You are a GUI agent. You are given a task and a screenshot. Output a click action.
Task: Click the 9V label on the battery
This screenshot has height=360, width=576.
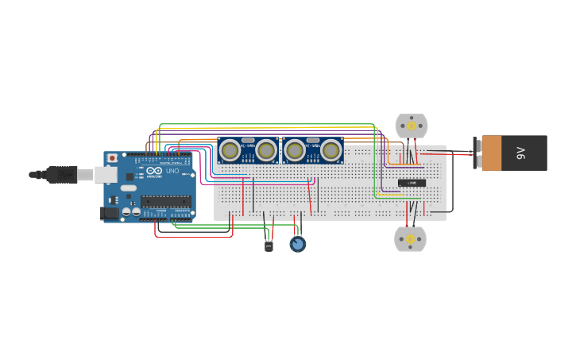522,153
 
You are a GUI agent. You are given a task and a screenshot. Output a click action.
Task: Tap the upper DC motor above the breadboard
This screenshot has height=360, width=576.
411,126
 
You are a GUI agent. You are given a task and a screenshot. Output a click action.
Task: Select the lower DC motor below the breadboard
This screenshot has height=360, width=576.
410,238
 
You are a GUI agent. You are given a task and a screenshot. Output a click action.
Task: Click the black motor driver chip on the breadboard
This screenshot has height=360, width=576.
412,183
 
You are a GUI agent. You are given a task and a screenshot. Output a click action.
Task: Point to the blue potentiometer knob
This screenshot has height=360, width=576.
297,245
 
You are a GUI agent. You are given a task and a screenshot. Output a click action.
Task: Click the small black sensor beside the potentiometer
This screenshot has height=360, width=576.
269,246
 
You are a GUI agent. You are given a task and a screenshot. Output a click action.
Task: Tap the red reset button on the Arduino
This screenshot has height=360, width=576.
112,158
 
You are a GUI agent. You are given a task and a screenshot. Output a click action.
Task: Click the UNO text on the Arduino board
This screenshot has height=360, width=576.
172,171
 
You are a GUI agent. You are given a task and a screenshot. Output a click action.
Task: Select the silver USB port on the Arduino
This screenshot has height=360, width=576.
106,174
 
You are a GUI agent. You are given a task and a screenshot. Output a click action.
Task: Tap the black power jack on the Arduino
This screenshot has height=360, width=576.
109,213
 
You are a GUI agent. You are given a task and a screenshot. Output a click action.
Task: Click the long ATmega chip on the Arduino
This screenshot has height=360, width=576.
165,201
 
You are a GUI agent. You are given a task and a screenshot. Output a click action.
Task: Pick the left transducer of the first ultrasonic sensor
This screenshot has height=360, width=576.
230,149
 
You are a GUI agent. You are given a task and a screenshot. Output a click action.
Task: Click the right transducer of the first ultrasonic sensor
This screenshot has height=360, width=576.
266,149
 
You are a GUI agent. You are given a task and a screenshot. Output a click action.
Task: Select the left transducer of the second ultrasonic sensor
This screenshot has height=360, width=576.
295,149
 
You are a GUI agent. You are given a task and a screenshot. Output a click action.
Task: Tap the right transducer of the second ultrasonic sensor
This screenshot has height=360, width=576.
331,149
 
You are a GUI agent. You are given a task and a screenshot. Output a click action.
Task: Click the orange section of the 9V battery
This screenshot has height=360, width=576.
492,153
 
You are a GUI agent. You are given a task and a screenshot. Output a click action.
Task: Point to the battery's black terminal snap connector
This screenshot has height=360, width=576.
477,153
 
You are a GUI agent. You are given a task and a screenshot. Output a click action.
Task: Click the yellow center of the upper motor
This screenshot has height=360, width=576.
411,126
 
